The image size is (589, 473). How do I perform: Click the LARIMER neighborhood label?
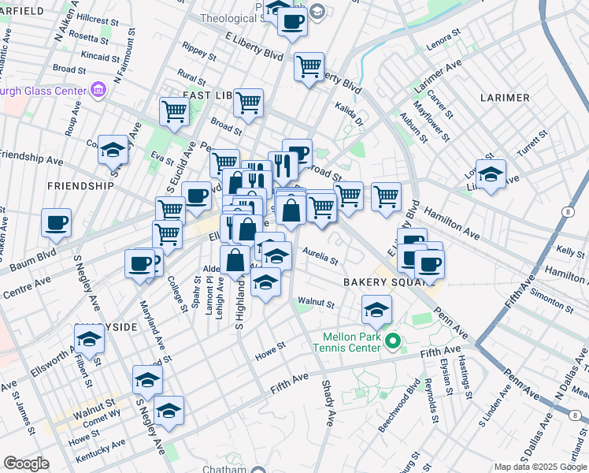pyautogui.click(x=504, y=98)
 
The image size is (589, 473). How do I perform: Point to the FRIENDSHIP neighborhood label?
pyautogui.click(x=80, y=186)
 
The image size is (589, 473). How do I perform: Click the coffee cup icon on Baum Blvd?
pyautogui.click(x=57, y=223)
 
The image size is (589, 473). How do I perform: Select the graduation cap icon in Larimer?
pyautogui.click(x=491, y=174)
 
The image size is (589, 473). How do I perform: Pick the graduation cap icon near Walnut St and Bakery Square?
pyautogui.click(x=377, y=311)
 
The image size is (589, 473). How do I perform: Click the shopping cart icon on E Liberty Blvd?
pyautogui.click(x=309, y=66)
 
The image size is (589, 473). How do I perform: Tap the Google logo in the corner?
pyautogui.click(x=26, y=464)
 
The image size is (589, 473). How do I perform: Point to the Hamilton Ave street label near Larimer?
pyautogui.click(x=452, y=223)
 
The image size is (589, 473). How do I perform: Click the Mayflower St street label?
pyautogui.click(x=435, y=123)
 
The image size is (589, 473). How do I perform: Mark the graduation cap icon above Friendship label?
pyautogui.click(x=113, y=149)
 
